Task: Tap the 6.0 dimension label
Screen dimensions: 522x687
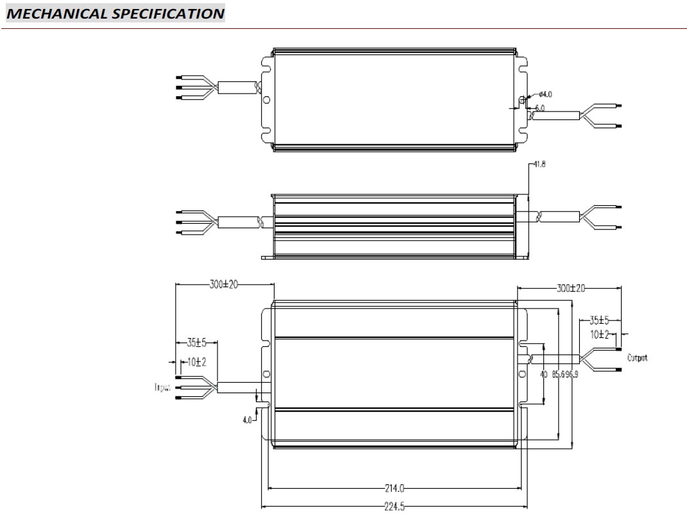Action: coord(539,108)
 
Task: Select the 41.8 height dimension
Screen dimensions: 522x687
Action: coord(540,164)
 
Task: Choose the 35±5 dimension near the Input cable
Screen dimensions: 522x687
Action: coord(196,343)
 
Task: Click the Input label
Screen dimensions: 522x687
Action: coord(162,388)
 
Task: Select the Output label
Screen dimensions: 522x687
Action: coord(638,358)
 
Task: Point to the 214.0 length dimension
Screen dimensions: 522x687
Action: coord(394,487)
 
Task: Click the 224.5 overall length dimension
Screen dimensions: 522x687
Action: coord(394,505)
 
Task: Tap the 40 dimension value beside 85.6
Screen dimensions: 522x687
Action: coord(544,375)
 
